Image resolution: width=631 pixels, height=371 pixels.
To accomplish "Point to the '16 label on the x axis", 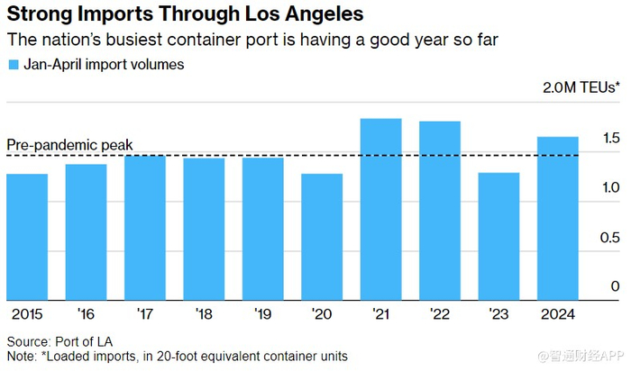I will [87, 313].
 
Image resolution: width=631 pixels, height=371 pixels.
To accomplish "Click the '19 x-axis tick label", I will [262, 313].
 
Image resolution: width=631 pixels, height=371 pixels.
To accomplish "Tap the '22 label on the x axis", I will [439, 313].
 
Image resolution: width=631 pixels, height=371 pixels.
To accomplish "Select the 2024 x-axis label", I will [557, 313].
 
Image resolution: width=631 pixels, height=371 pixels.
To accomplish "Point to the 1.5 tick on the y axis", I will [610, 138].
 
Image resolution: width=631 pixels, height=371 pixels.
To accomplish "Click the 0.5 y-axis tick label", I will [610, 237].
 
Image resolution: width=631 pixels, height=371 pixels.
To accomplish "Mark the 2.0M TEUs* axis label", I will [581, 88].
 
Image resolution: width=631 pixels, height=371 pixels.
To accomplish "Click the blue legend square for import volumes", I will [13, 65].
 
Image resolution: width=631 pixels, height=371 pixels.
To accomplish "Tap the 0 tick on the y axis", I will [616, 286].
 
